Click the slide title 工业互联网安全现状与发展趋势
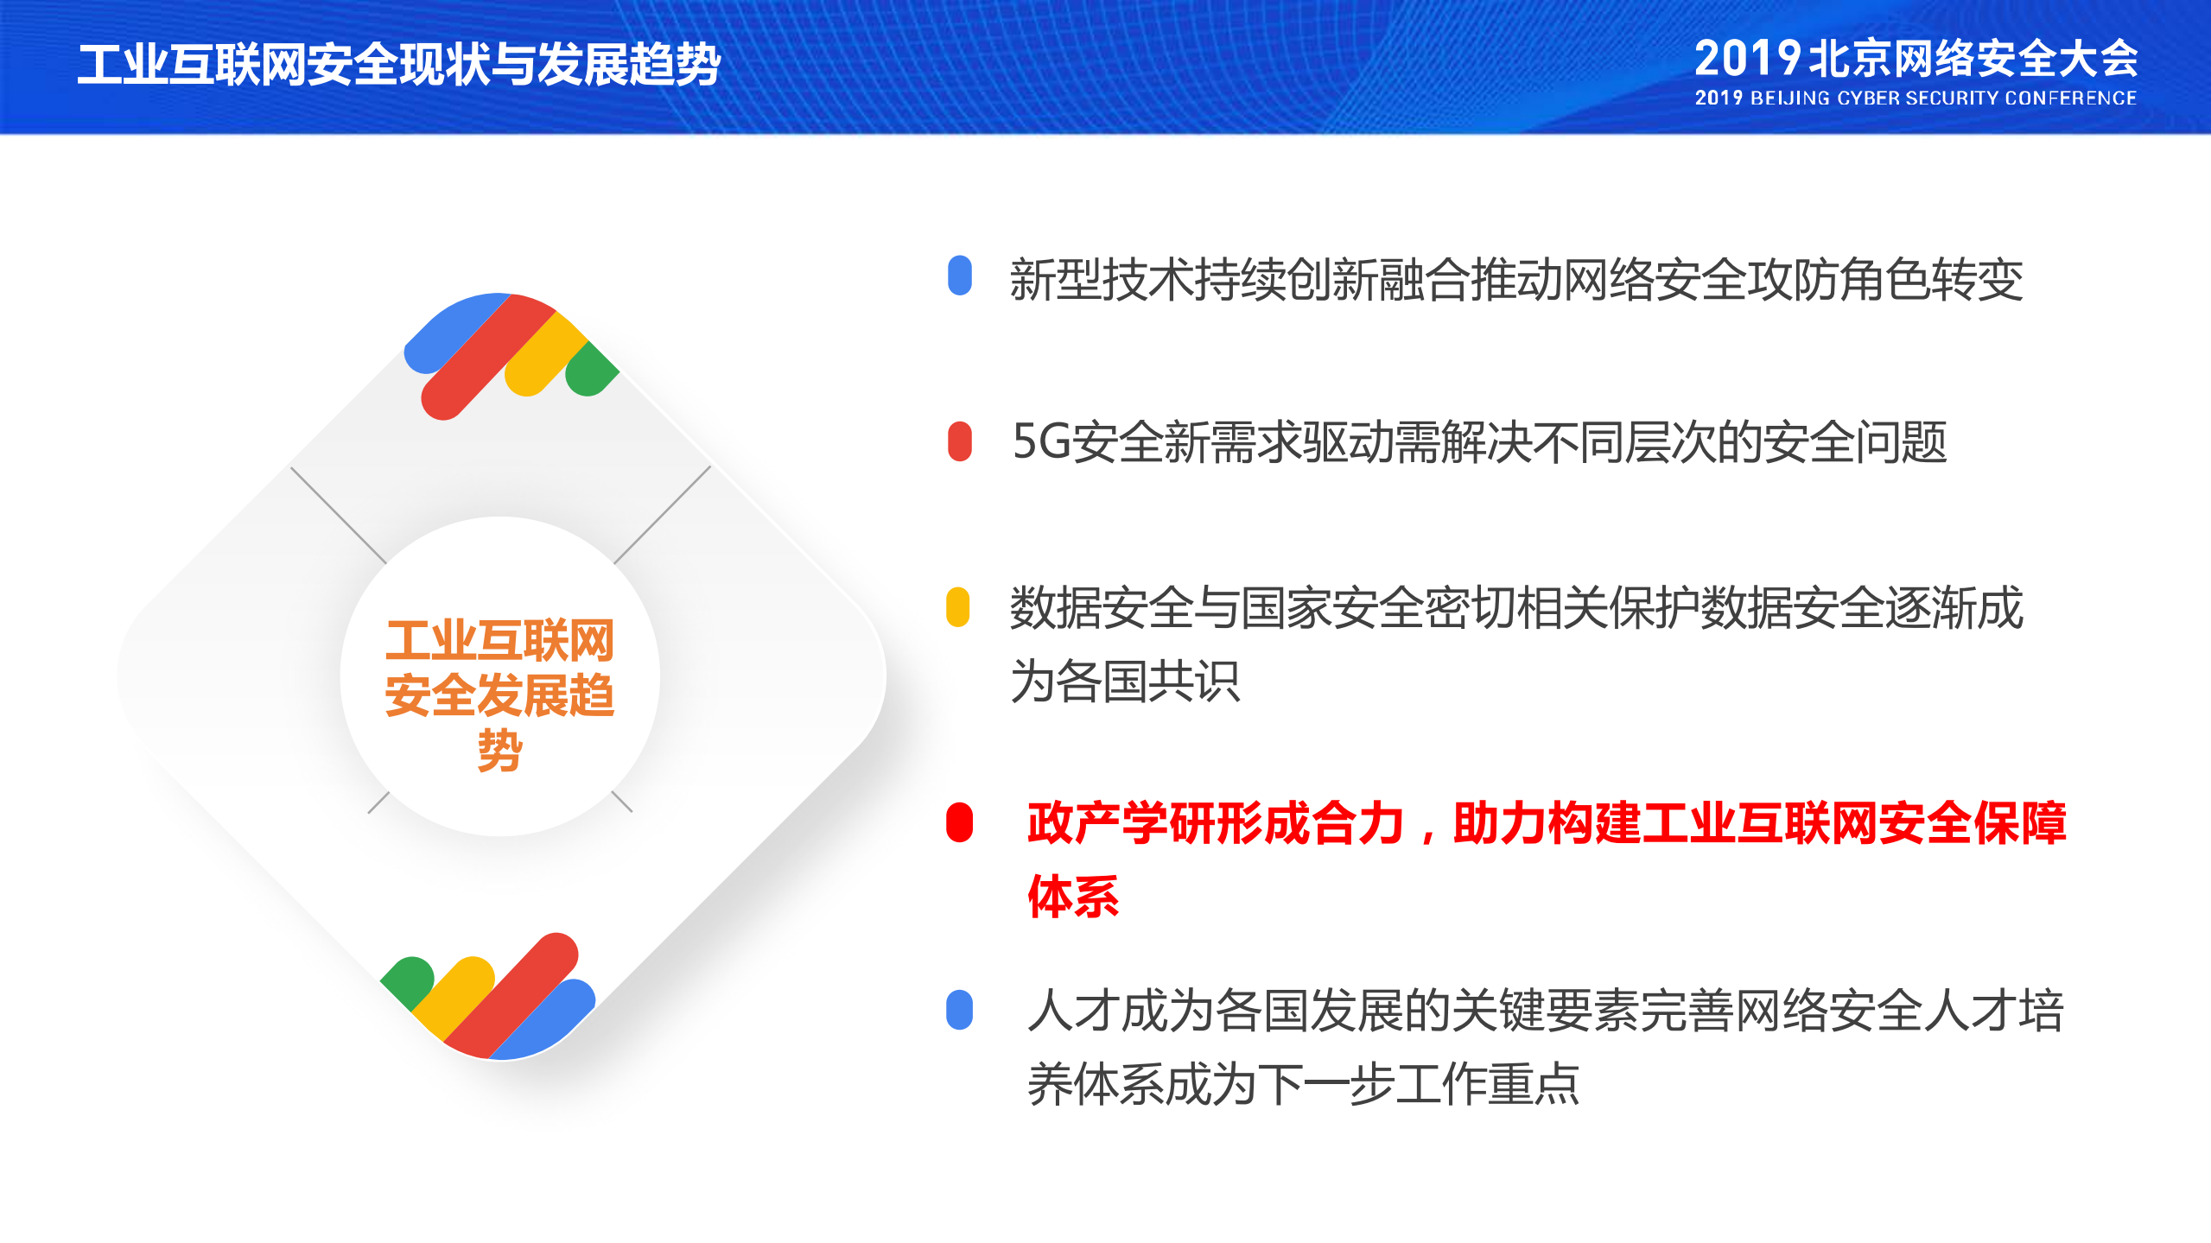398,65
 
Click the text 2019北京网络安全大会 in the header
1915,59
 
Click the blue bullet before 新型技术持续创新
959,276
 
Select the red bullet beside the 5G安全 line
959,441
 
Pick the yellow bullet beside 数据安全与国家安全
957,607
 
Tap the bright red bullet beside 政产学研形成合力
959,821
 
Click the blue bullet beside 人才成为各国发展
959,1009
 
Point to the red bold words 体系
1072,897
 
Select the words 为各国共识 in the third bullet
1125,682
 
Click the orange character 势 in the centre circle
499,750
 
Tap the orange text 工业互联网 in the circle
499,640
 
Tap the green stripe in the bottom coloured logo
404,980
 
